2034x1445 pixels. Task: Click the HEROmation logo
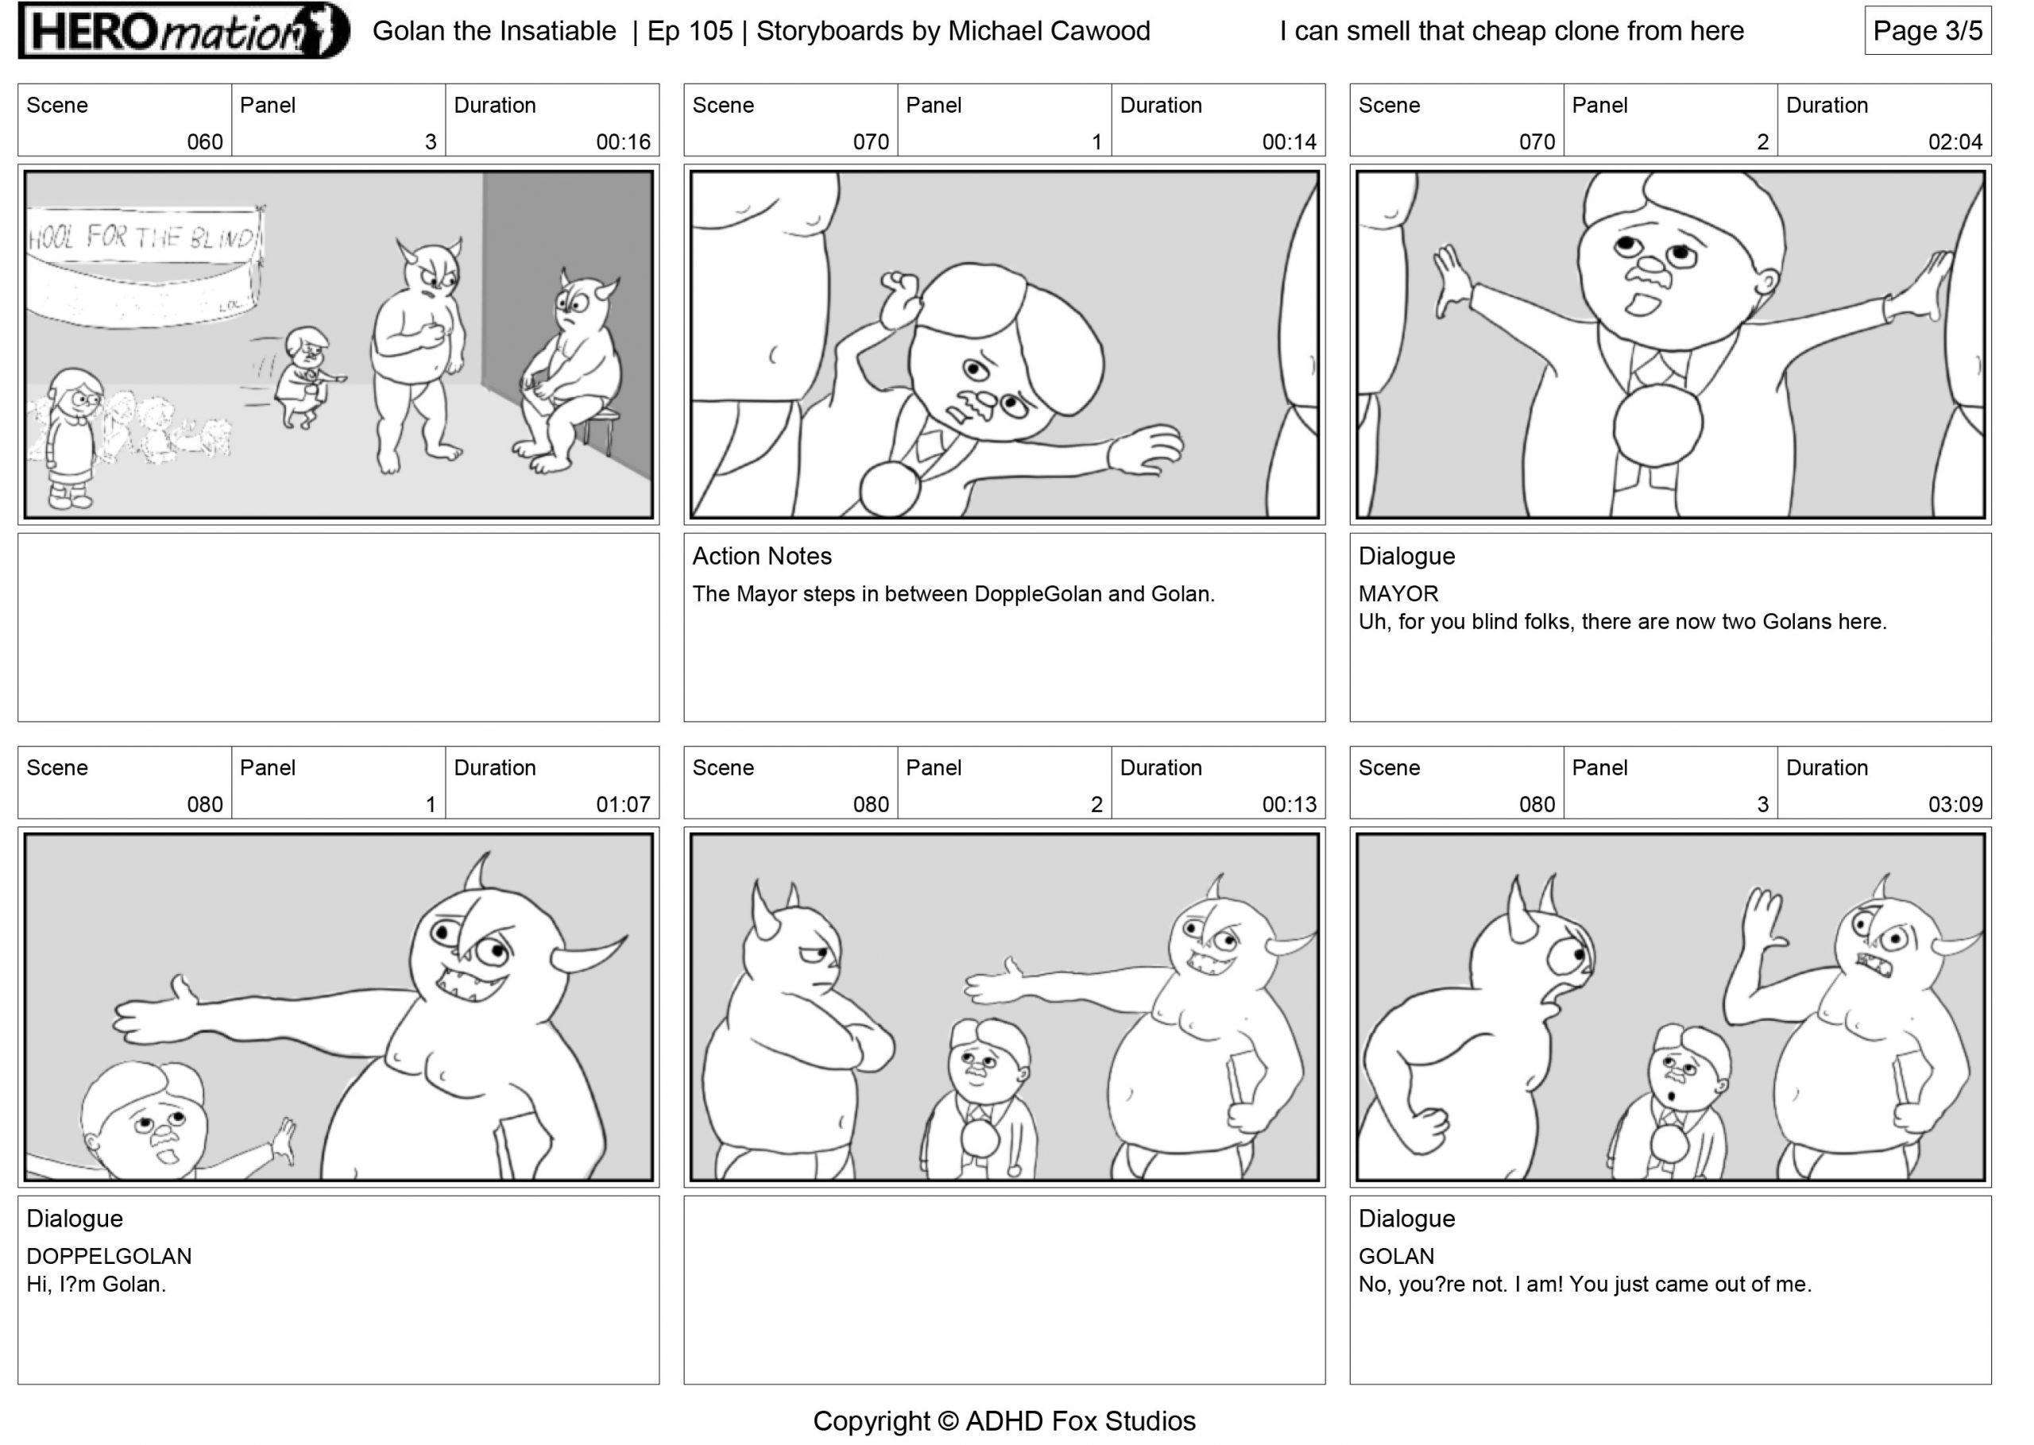(184, 31)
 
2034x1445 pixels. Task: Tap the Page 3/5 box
(1928, 31)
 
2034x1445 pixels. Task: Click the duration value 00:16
(623, 141)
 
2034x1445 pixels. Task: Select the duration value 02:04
(1955, 141)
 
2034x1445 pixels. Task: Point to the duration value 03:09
(1955, 805)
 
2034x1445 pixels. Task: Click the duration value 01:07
(623, 805)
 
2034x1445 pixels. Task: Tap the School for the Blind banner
(144, 265)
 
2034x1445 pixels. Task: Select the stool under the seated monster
(601, 430)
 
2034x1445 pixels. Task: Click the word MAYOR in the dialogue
(1398, 593)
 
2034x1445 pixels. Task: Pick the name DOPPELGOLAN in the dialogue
(109, 1257)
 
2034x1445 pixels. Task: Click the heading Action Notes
(762, 556)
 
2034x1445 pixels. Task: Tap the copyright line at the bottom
(1003, 1421)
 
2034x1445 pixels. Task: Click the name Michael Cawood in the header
(1049, 31)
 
